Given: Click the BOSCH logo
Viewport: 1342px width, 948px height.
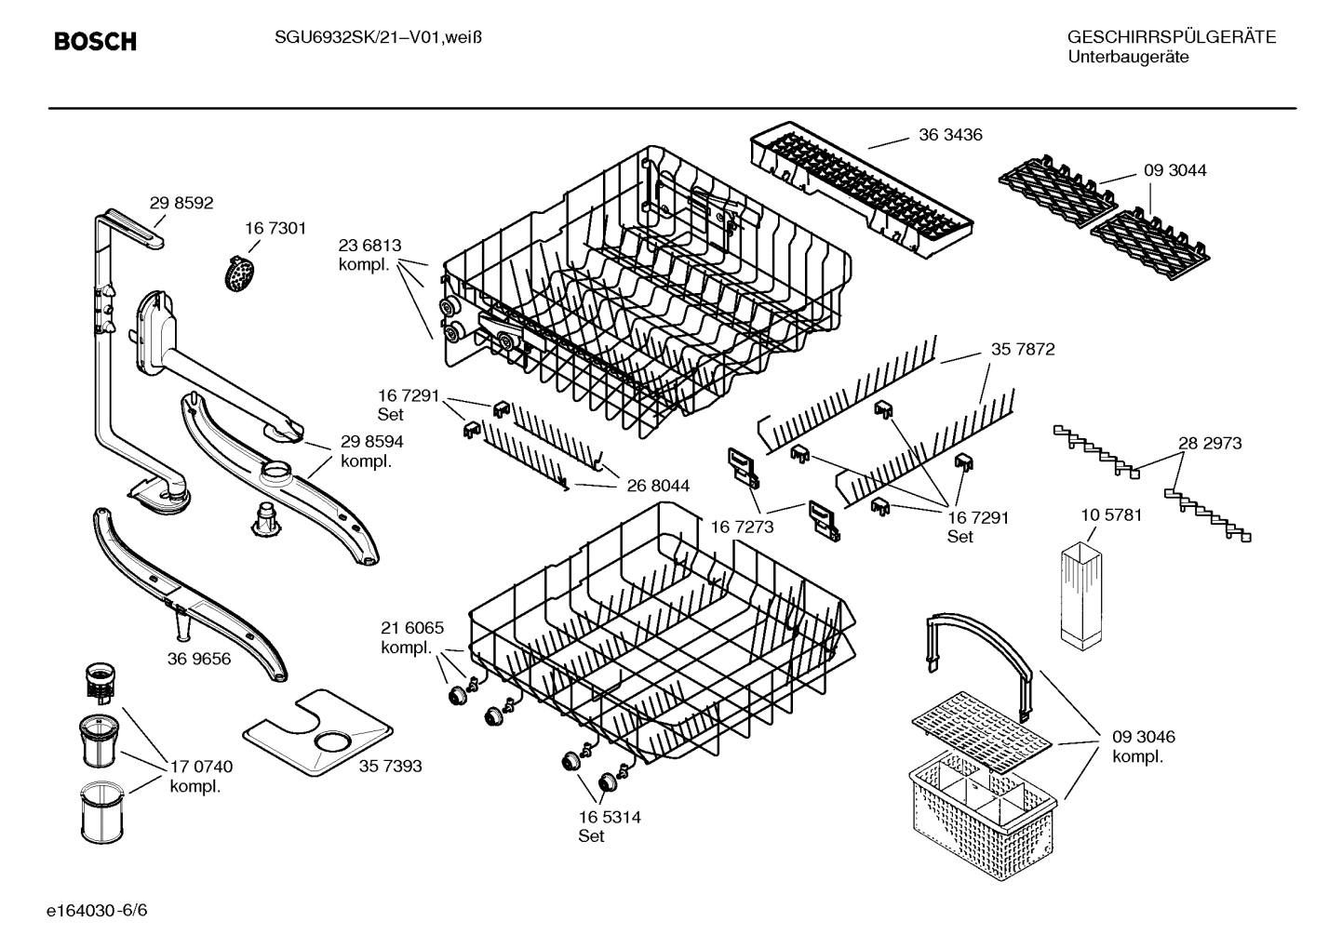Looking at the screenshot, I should [x=95, y=42].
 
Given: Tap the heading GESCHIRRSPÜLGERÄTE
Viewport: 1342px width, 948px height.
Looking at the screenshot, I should [x=1171, y=37].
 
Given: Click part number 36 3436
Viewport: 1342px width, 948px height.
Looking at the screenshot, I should [x=950, y=135].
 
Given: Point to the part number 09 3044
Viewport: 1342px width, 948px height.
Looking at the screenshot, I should [x=1174, y=170].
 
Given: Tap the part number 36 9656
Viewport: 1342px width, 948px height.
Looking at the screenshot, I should [x=199, y=659].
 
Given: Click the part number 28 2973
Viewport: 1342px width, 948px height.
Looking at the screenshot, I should [x=1210, y=444].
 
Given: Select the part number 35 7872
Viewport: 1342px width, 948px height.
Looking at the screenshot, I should [x=1023, y=350].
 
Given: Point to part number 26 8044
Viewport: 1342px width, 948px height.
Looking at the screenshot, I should [x=658, y=486].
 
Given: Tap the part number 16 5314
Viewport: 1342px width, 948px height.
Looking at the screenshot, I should [x=610, y=817].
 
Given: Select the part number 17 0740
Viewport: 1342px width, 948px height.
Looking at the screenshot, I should [x=201, y=767].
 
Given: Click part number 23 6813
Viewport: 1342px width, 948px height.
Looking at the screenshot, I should [x=369, y=246].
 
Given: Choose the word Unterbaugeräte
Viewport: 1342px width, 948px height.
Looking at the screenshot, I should [x=1128, y=58].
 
